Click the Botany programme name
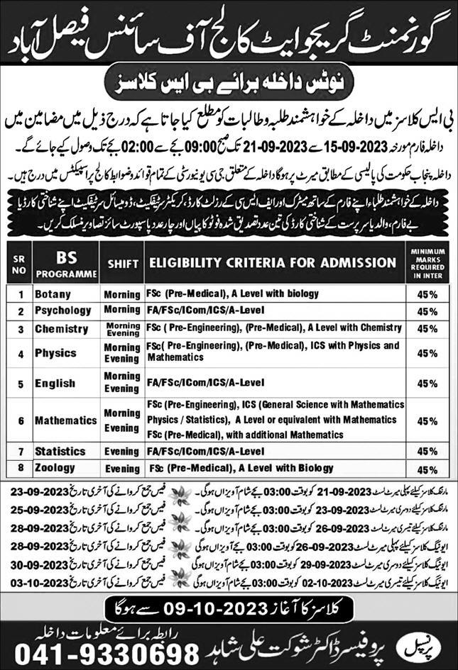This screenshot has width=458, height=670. click(x=55, y=293)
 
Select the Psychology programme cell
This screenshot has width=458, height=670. click(x=64, y=311)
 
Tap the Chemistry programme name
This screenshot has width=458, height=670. click(x=61, y=329)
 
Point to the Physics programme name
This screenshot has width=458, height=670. click(x=55, y=352)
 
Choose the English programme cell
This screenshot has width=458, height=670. click(x=55, y=383)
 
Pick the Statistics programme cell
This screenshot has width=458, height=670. click(x=60, y=451)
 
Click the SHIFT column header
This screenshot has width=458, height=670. click(x=123, y=262)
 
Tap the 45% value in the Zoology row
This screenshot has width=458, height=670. click(x=427, y=469)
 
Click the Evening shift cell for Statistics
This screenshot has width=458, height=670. click(x=121, y=451)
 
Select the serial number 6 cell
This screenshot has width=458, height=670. click(x=21, y=420)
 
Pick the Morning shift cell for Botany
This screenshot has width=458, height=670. click(x=121, y=294)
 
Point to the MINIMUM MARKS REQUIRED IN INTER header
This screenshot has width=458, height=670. click(x=427, y=262)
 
